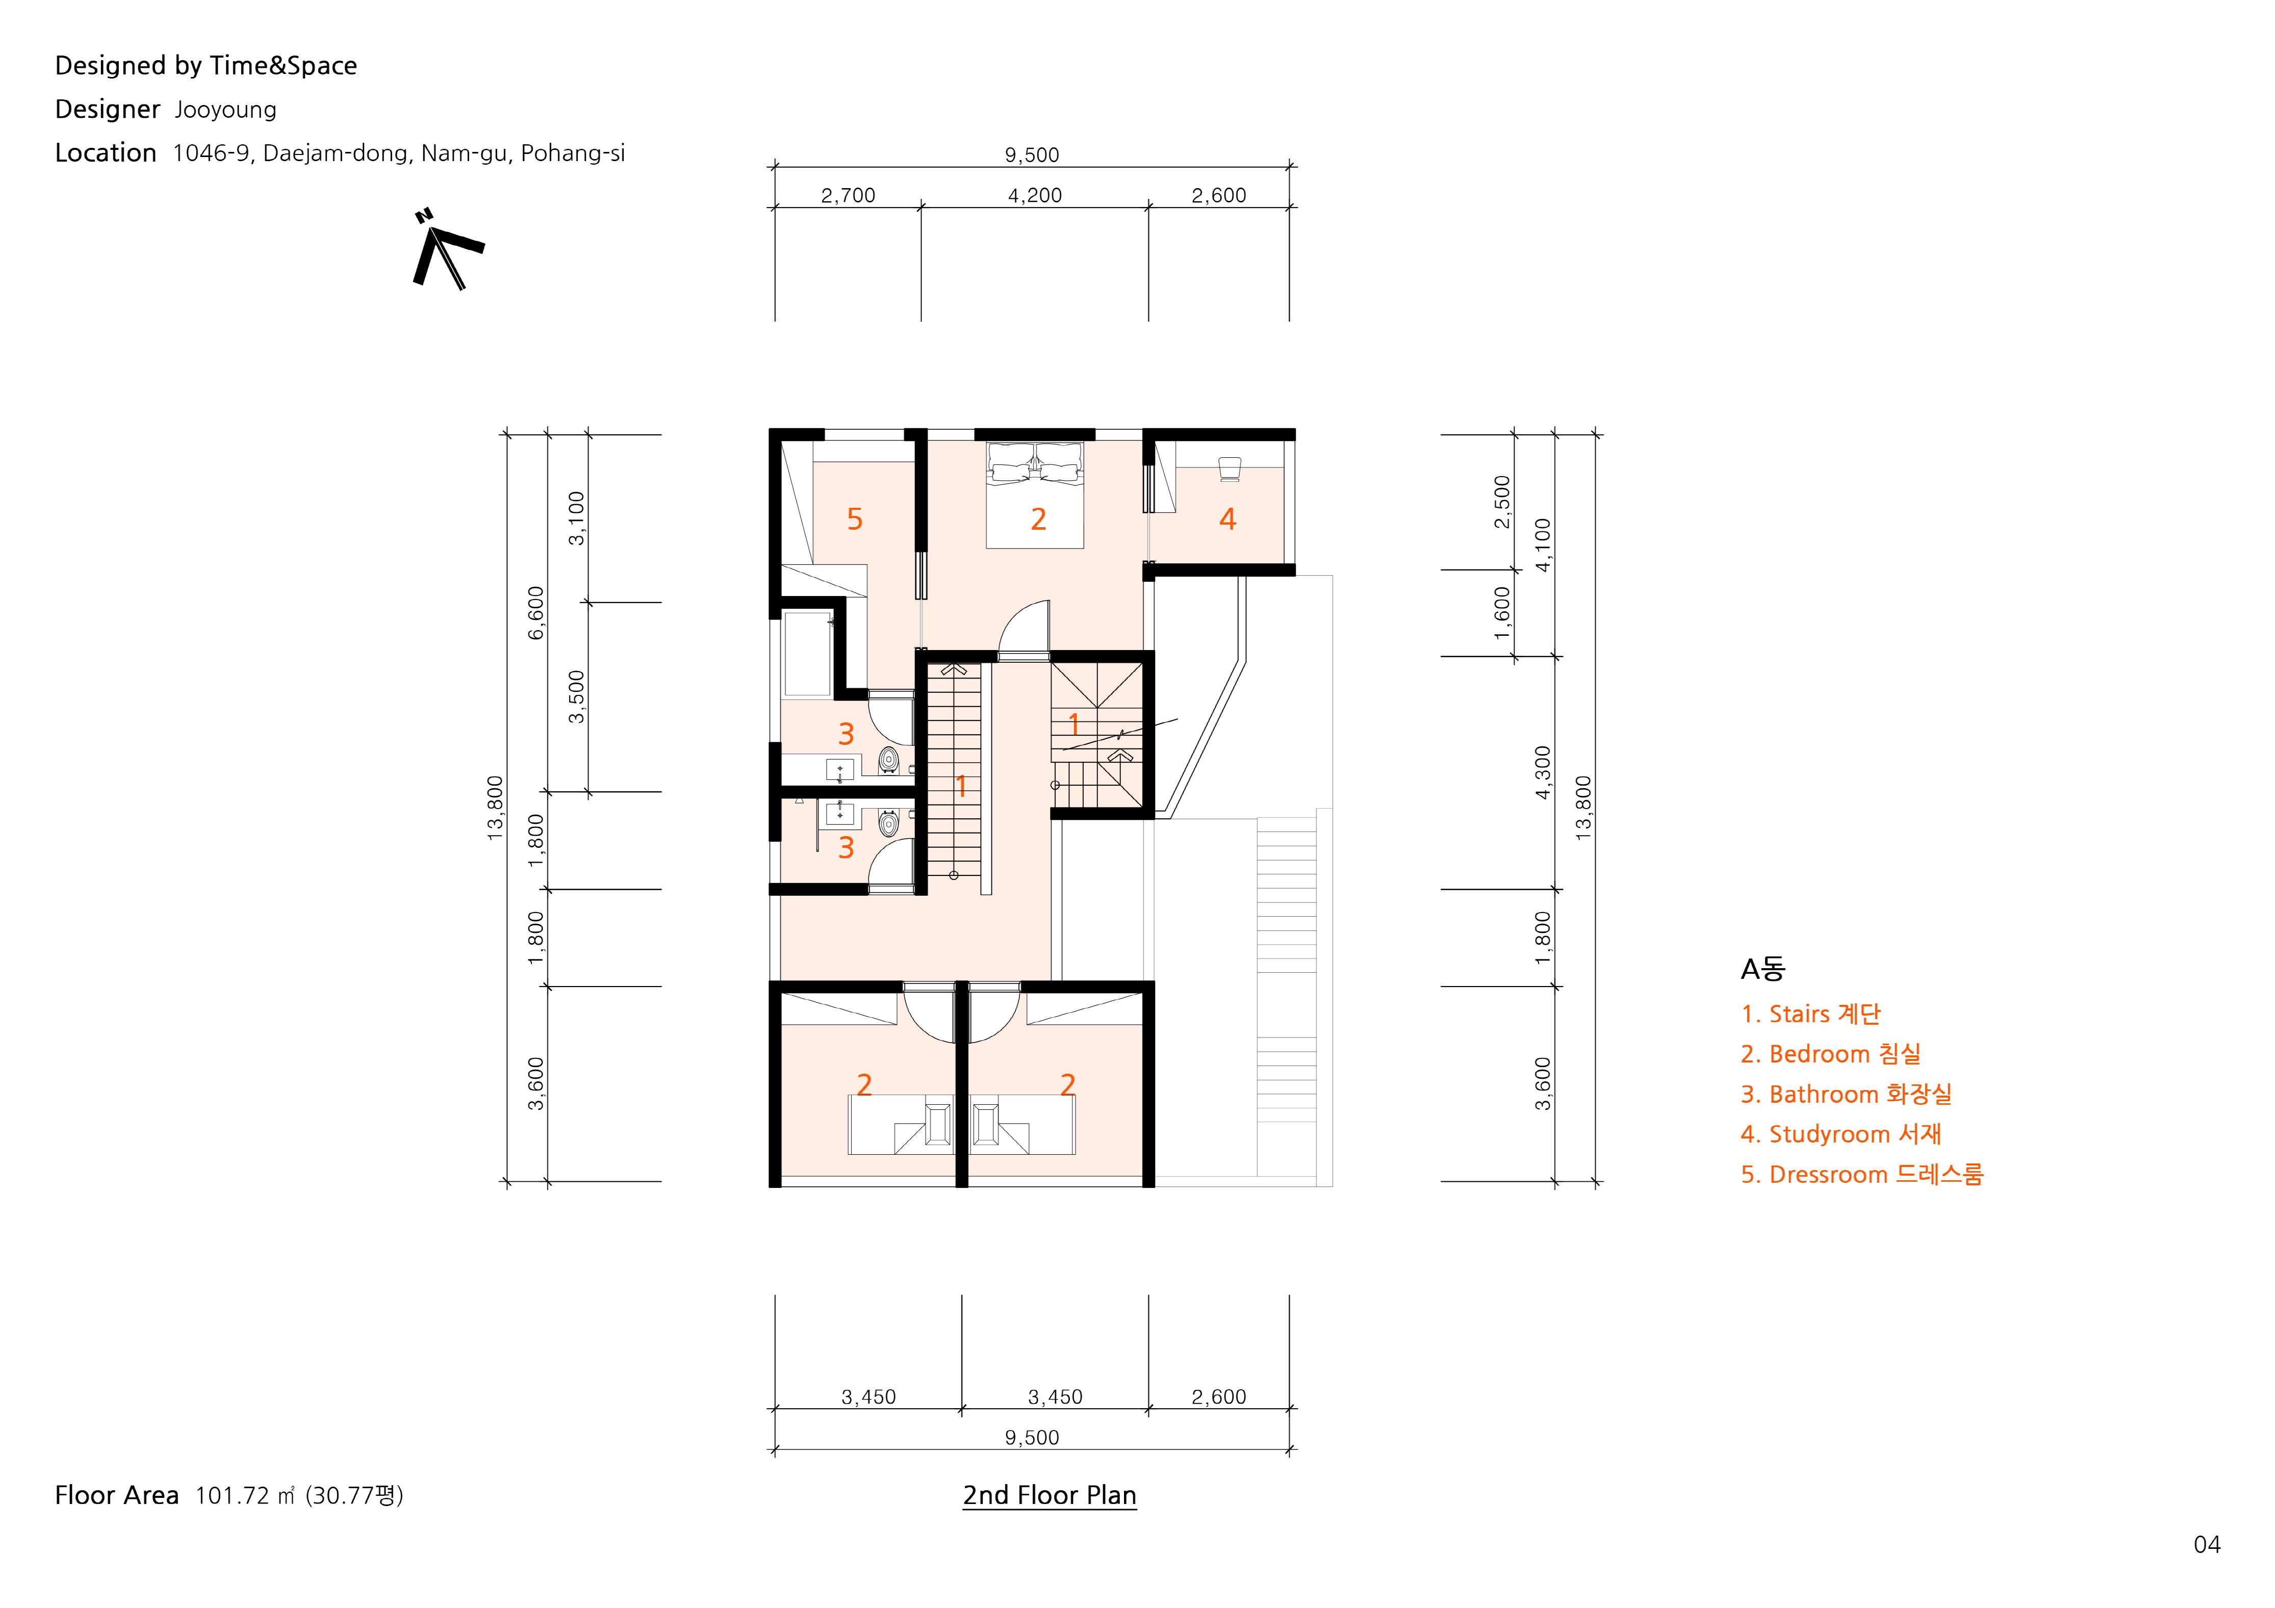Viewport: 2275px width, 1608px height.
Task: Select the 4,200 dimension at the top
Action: coord(1034,195)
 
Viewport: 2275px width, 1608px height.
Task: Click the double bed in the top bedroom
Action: coord(1034,495)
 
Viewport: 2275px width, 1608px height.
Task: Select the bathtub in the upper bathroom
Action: coord(807,654)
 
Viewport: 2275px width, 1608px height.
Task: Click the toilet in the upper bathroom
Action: coord(889,760)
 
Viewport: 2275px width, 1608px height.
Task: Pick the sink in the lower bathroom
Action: coord(840,813)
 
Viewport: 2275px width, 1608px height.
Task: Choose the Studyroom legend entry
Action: coord(1840,1134)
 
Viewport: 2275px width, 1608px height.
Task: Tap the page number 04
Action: coord(2207,1545)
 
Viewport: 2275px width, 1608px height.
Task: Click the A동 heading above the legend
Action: coord(1762,969)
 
